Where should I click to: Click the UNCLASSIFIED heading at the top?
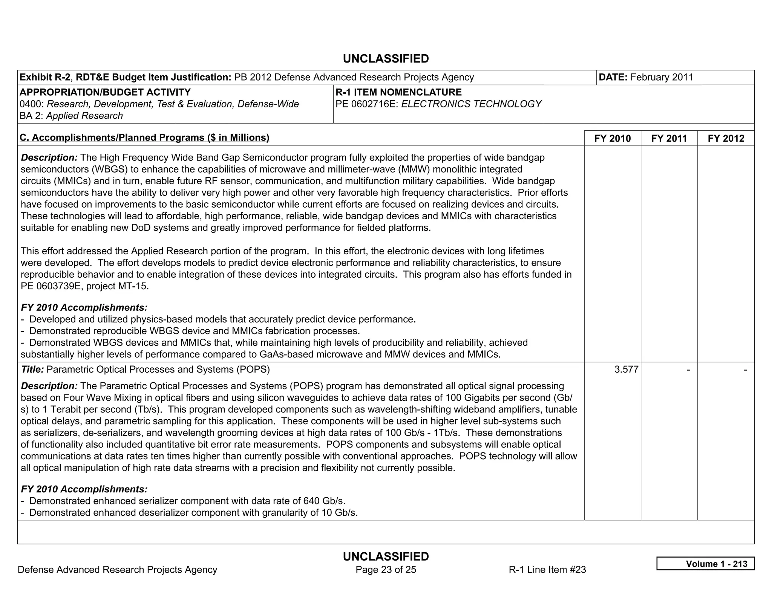386,59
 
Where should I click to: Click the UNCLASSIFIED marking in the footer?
386,556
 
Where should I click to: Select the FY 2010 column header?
612,138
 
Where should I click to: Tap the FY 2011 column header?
669,138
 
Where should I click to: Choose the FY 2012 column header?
726,138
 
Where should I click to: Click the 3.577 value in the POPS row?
626,369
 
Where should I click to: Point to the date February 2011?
662,77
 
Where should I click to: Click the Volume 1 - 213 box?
705,564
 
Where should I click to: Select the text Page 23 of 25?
386,570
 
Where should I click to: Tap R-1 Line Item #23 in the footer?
547,570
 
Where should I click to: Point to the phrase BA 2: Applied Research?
71,116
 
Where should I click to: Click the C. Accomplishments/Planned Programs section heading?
144,138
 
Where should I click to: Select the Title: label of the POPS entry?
32,369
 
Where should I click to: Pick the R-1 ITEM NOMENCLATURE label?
398,92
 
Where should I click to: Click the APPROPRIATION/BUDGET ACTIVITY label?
105,92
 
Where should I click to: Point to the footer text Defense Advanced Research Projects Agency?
117,570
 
